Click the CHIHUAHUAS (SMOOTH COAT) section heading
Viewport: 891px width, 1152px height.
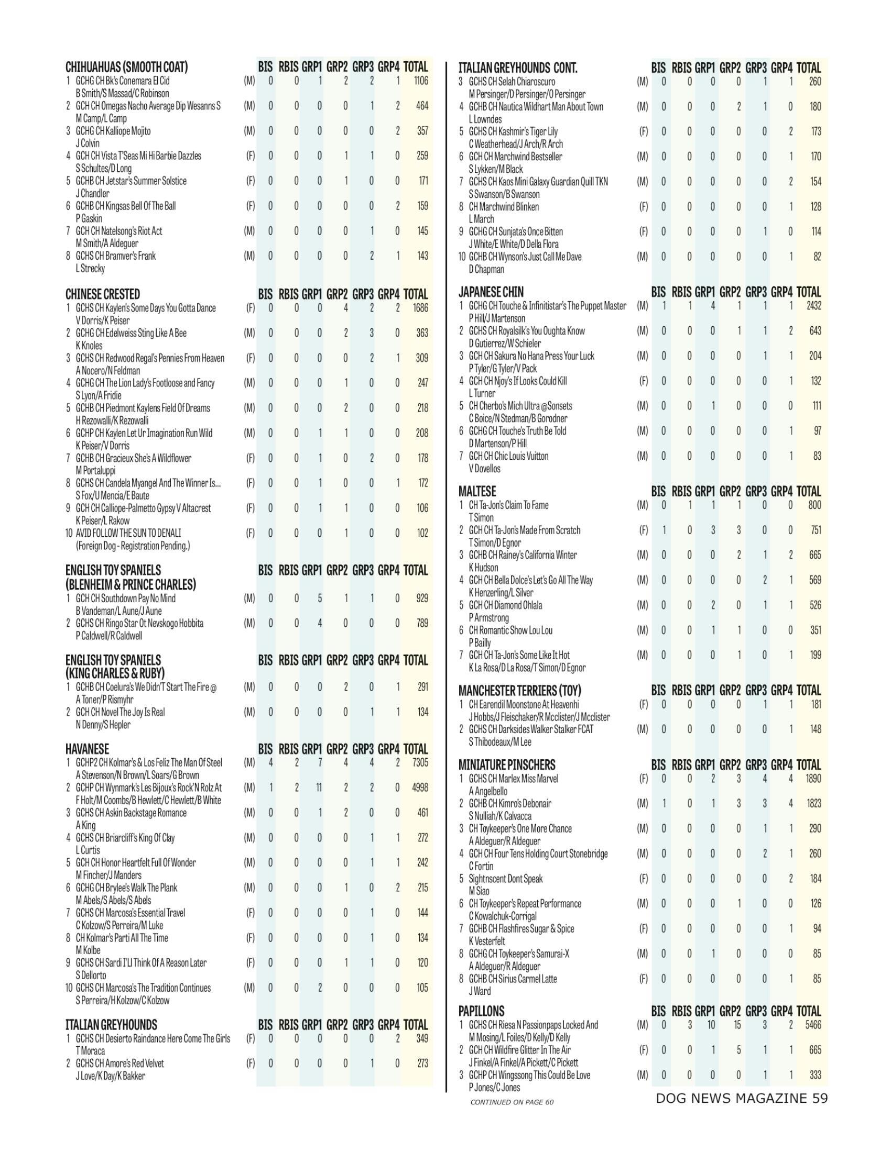click(x=126, y=67)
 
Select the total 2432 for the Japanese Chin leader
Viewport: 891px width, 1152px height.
click(x=813, y=306)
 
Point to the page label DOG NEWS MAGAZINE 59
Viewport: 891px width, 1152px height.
click(x=741, y=1099)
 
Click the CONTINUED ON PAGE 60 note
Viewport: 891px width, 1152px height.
click(x=512, y=1102)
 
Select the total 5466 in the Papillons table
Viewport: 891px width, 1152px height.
click(x=813, y=1025)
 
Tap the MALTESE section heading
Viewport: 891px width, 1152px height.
click(x=477, y=492)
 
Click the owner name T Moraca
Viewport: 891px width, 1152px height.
click(x=90, y=1051)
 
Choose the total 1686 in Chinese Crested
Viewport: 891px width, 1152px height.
click(x=420, y=308)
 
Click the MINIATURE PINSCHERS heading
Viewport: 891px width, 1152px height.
click(x=507, y=765)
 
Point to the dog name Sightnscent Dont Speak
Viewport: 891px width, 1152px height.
click(x=506, y=879)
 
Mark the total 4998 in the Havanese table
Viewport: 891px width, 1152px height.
click(x=420, y=788)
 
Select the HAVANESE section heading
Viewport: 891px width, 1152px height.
click(x=87, y=749)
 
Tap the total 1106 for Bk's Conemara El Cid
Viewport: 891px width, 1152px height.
click(x=421, y=81)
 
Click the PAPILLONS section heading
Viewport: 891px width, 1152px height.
click(x=481, y=1011)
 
